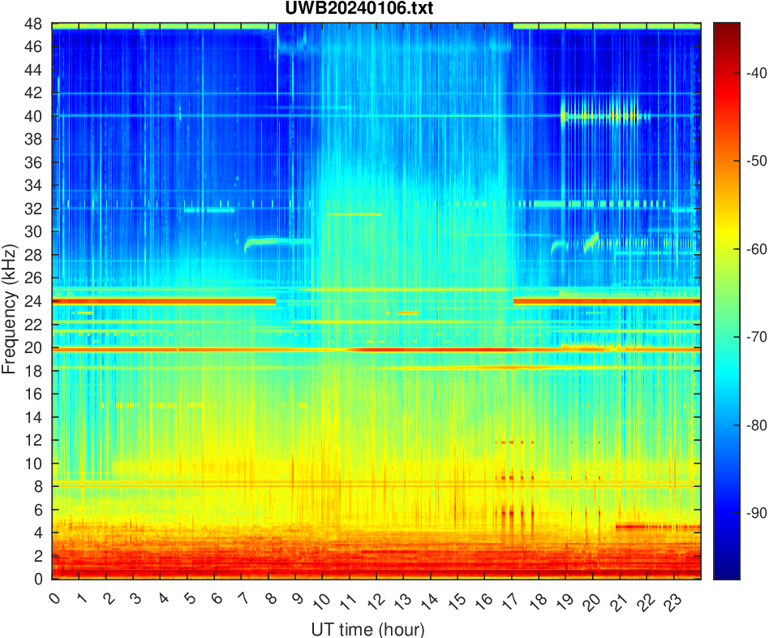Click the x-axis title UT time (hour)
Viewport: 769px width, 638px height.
click(367, 629)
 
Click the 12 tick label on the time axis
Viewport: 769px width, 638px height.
click(375, 601)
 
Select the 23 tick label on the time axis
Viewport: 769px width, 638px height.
click(672, 601)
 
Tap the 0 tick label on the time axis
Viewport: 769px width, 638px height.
click(54, 599)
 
